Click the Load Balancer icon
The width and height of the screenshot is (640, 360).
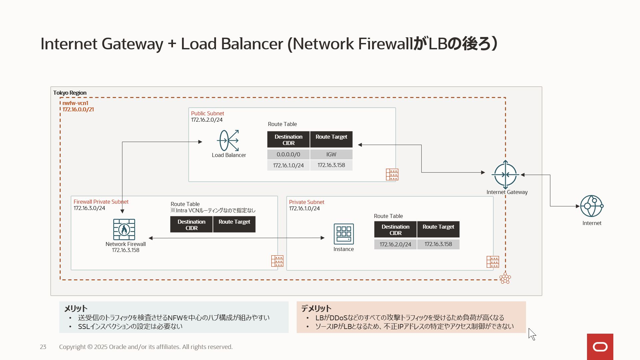228,141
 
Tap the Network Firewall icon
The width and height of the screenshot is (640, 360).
124,229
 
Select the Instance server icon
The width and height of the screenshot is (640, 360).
344,234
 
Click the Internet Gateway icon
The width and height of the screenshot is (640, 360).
505,175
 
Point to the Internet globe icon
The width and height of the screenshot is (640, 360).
591,206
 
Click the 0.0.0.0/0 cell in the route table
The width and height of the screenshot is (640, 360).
288,154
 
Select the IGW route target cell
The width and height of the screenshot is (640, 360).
331,154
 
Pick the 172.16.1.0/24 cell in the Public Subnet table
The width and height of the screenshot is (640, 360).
288,165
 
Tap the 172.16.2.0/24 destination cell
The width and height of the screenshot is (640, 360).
395,244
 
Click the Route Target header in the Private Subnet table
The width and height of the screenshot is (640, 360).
438,229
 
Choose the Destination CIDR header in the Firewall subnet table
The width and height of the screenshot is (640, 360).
191,225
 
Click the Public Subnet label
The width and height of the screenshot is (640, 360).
207,113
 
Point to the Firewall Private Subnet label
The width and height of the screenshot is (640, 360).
101,202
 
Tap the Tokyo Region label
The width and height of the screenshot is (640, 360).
70,93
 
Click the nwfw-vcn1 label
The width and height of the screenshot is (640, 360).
75,103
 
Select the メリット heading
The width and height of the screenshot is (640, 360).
76,308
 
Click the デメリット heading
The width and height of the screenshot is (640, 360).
316,308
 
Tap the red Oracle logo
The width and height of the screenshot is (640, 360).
600,347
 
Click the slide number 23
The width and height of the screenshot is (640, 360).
43,347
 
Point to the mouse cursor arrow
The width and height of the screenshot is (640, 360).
532,334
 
